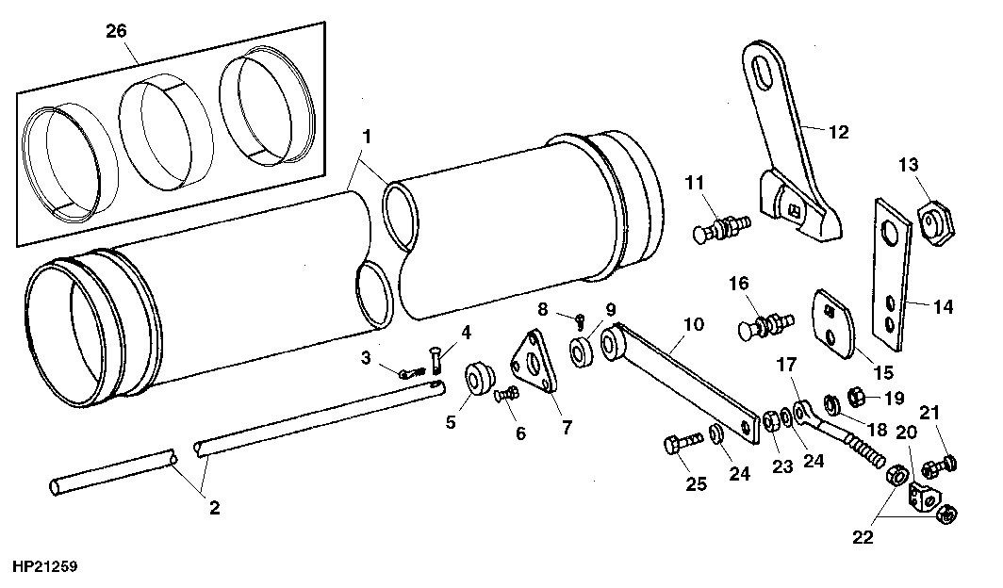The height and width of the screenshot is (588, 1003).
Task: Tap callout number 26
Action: (117, 31)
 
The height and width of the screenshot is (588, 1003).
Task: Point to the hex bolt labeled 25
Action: (683, 442)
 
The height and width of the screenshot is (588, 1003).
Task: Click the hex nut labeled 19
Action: (856, 397)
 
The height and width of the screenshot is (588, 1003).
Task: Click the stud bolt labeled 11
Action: (721, 227)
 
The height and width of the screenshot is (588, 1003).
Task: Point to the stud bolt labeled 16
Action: (765, 324)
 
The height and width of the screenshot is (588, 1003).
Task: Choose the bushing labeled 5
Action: (479, 379)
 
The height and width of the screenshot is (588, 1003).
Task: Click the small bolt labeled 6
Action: (506, 395)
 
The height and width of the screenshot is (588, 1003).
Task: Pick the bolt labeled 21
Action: (941, 464)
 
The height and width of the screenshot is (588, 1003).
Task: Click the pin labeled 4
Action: (437, 362)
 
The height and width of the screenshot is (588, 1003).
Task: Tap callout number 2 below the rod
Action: (214, 508)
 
